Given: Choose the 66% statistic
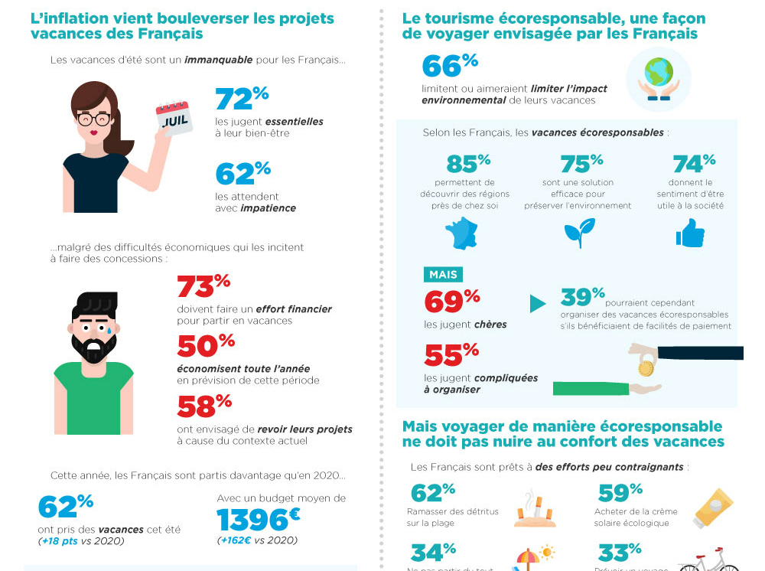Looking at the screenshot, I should (449, 66).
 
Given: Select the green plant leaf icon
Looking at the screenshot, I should (579, 233).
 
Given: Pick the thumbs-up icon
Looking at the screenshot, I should (690, 233).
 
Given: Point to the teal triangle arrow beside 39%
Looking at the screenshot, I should (538, 304).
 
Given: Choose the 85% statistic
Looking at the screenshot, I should (467, 163).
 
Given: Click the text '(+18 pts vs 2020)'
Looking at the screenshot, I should (81, 541).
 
